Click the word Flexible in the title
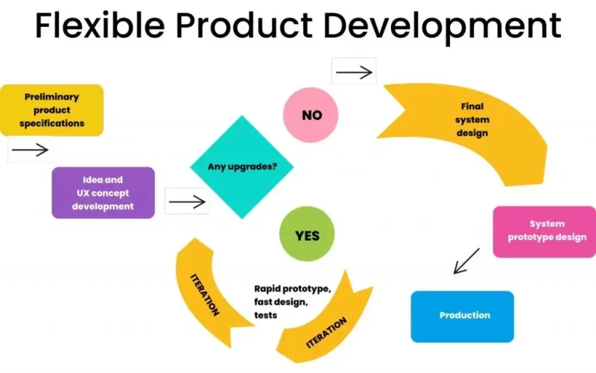click(x=100, y=25)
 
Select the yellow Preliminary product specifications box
click(x=51, y=110)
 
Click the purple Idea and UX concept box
click(x=103, y=192)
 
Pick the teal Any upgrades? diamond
click(x=241, y=166)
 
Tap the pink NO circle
click(x=311, y=115)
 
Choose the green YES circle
click(x=307, y=234)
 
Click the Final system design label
click(x=472, y=119)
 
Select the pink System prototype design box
click(x=545, y=232)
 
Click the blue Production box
click(x=462, y=316)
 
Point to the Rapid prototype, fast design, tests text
click(x=292, y=302)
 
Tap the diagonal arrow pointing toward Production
click(x=466, y=261)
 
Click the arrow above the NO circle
click(x=354, y=72)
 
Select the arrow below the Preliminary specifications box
click(x=30, y=150)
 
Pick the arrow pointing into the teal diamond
click(x=187, y=201)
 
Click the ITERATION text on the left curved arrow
click(x=204, y=295)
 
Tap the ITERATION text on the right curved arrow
click(x=326, y=332)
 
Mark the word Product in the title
click(x=244, y=25)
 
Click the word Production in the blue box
click(x=465, y=315)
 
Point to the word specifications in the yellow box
click(x=51, y=123)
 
